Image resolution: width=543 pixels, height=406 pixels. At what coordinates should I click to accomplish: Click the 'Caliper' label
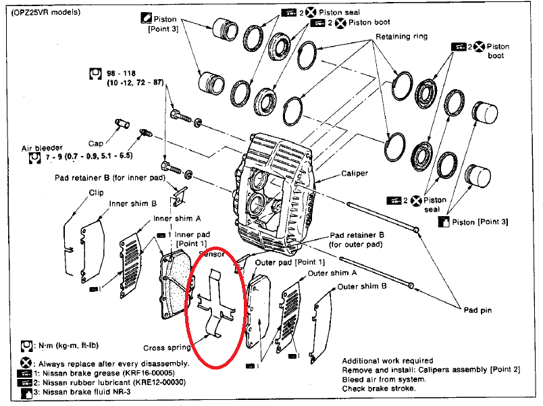click(355, 173)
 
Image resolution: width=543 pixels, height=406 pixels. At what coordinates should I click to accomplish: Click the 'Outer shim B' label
click(362, 286)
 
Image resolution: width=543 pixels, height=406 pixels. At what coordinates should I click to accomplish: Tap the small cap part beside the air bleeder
click(122, 123)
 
